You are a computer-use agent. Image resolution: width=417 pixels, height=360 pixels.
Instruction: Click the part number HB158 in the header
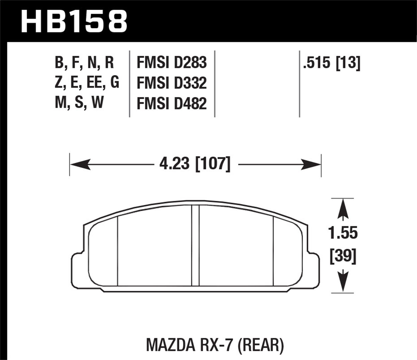click(74, 21)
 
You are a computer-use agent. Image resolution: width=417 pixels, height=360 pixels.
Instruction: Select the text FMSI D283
click(172, 63)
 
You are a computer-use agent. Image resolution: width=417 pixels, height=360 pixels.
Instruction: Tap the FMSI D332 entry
click(172, 83)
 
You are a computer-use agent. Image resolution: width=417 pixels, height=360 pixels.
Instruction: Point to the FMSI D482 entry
click(172, 103)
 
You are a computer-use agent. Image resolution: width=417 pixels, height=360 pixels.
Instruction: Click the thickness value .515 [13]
click(332, 63)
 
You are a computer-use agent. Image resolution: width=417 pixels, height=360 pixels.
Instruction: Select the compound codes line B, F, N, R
click(84, 63)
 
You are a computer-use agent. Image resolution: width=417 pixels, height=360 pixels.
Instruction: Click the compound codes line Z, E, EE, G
click(87, 82)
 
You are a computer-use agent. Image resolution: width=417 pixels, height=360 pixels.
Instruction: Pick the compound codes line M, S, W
click(79, 102)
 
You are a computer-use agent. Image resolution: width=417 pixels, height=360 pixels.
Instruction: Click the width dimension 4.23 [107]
click(195, 164)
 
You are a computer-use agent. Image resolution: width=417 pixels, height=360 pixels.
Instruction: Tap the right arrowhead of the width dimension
click(311, 164)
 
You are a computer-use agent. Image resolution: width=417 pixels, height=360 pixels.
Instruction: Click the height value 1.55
click(343, 233)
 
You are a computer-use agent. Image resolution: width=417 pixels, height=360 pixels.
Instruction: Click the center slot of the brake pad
click(196, 246)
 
